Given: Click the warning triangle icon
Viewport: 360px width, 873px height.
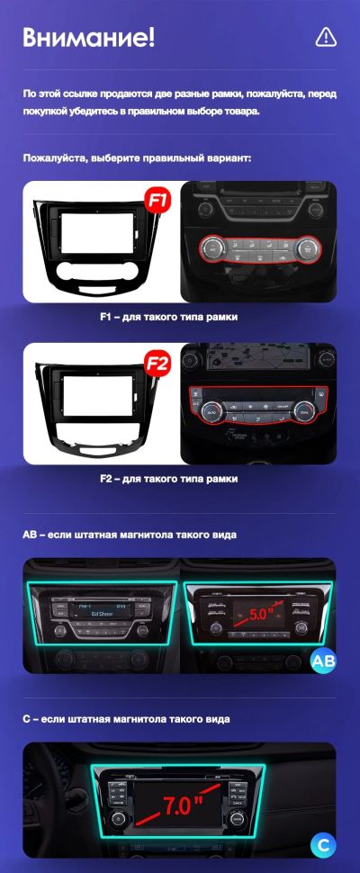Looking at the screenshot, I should [326, 36].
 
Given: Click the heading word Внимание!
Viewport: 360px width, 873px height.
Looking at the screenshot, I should [89, 37].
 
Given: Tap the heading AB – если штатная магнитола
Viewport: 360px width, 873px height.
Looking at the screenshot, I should [129, 535].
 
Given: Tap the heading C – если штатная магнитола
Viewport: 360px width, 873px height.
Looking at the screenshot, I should [125, 719].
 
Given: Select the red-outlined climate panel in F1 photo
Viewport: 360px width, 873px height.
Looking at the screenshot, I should [257, 247].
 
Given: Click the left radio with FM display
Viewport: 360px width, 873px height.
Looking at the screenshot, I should [100, 618].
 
